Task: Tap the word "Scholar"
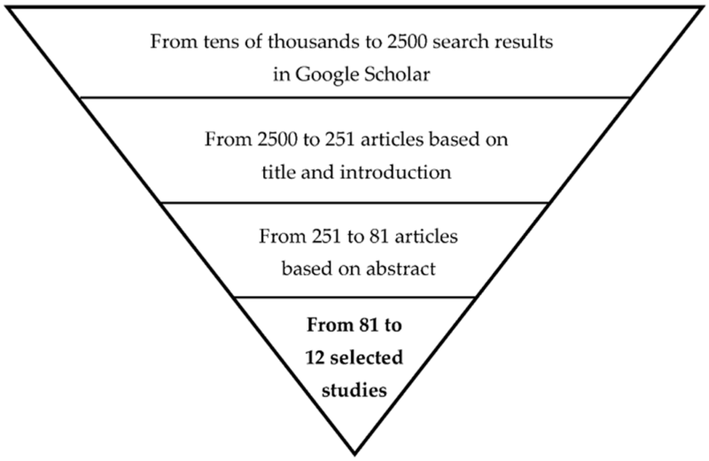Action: [x=396, y=74]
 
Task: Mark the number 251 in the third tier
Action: [x=326, y=236]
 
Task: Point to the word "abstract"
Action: [x=401, y=269]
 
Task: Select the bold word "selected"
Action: [x=366, y=357]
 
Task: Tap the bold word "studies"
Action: [x=354, y=390]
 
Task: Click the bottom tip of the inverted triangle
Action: [x=354, y=454]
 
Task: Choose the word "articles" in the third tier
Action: [x=426, y=236]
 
